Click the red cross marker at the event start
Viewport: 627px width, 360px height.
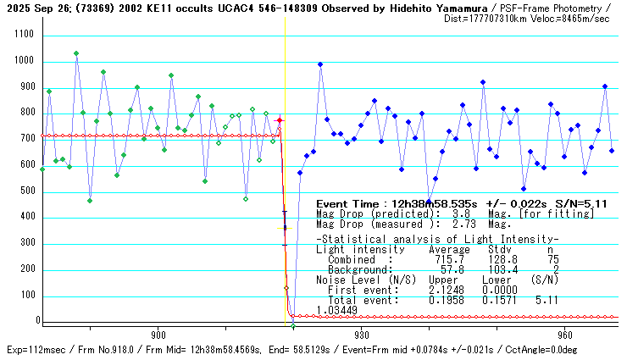pyautogui.click(x=280, y=121)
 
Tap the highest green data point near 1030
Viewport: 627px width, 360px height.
pyautogui.click(x=76, y=53)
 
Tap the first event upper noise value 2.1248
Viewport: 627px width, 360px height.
pyautogui.click(x=446, y=290)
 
